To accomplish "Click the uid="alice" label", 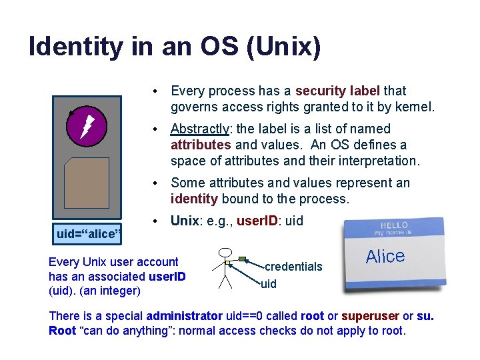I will pos(88,233).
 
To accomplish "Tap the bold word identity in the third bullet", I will pos(194,199).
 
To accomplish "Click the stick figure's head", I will pos(225,252).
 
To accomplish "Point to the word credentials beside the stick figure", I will pos(293,267).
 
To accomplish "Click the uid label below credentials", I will pos(268,284).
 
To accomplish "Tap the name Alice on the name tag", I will pos(385,257).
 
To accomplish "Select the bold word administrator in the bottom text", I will pos(184,315).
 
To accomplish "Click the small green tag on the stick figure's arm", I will pos(242,259).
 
